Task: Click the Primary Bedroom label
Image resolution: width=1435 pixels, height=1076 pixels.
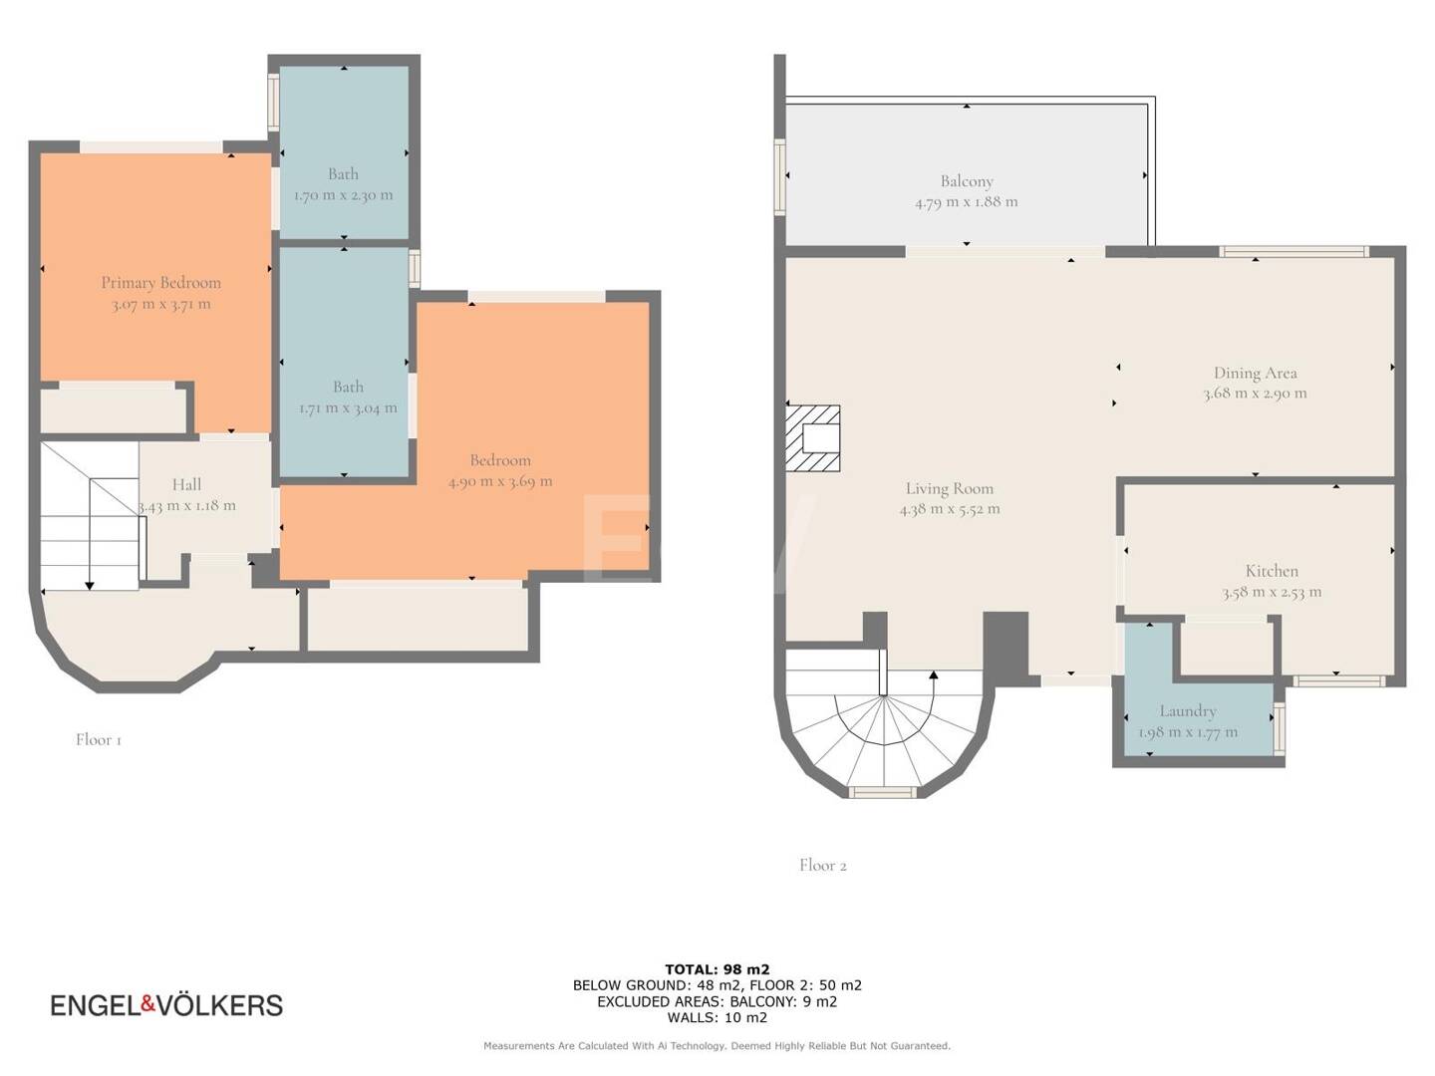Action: coord(160,283)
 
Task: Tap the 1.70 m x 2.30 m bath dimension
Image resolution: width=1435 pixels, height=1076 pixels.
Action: coord(343,195)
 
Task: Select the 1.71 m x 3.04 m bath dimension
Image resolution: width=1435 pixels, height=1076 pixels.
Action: coord(348,408)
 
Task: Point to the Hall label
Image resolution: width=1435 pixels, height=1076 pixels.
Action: coord(186,485)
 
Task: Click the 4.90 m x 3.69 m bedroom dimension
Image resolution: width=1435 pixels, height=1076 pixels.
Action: coord(500,481)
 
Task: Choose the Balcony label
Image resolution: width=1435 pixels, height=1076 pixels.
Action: coord(967,181)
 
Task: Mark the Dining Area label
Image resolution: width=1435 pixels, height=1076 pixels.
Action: coord(1256,373)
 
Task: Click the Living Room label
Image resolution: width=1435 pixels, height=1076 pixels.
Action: coord(950,488)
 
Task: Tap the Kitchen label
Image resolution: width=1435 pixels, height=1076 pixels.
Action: coord(1272,571)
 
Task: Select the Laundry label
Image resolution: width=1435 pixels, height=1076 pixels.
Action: coord(1188,710)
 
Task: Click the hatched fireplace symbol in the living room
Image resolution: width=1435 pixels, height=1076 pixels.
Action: coord(812,438)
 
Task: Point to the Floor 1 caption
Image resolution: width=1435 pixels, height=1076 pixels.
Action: coord(98,739)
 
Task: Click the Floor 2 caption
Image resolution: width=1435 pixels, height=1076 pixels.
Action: coord(822,865)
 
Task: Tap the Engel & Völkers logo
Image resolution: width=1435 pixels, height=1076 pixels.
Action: coord(166,1005)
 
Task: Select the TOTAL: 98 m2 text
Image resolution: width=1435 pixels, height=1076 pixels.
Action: coord(717,969)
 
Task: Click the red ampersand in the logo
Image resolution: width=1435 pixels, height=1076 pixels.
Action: coord(148,1004)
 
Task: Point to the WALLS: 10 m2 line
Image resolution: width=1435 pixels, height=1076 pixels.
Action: coord(717,1017)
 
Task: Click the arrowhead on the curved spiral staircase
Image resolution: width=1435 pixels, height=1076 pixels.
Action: coord(934,674)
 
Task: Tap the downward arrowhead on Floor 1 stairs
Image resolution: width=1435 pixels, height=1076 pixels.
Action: coord(90,586)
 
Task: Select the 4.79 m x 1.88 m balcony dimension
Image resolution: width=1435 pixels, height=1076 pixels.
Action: coord(967,202)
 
